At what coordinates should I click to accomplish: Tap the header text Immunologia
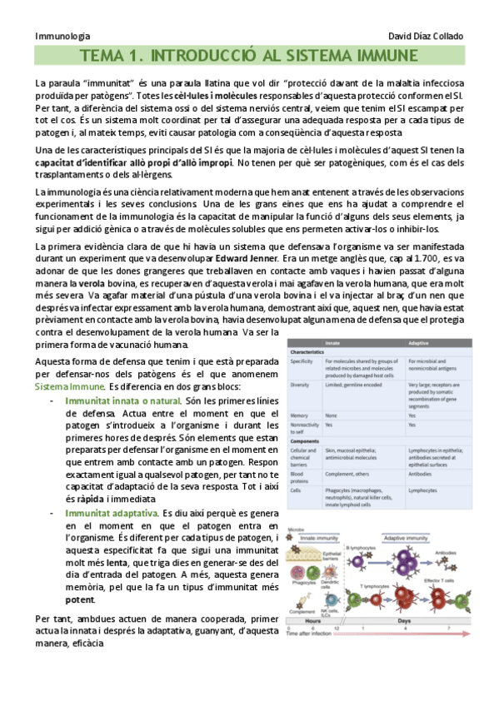pyautogui.click(x=63, y=37)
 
